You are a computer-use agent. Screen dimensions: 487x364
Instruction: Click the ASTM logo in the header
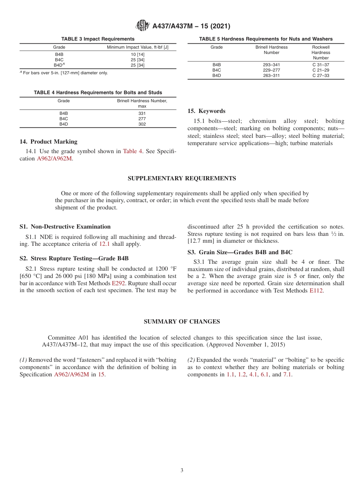[x=143, y=26]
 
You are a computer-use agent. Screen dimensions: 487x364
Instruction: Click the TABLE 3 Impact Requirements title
[x=98, y=39]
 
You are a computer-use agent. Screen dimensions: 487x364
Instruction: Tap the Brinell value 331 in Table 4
[x=142, y=113]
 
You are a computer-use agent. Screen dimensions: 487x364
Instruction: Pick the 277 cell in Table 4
[x=142, y=119]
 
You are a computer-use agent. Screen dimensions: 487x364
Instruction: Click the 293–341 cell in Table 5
[x=271, y=65]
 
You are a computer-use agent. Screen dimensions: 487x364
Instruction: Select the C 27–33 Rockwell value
[x=321, y=75]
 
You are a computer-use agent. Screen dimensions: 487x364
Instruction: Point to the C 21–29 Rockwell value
[x=321, y=70]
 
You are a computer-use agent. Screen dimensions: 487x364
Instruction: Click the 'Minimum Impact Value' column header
[x=137, y=47]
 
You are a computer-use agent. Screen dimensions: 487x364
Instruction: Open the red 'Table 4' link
[x=132, y=151]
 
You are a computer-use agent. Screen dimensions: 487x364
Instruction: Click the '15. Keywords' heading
[x=206, y=111]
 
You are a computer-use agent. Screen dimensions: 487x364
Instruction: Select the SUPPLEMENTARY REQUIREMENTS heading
[x=182, y=178]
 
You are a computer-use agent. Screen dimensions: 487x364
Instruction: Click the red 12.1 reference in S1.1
[x=105, y=244]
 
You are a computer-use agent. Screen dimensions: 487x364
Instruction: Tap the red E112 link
[x=316, y=291]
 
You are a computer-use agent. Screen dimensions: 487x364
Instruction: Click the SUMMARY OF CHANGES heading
[x=182, y=322]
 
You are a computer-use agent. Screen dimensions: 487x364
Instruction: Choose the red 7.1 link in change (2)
[x=287, y=374]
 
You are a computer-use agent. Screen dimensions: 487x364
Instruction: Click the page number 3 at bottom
[x=182, y=471]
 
